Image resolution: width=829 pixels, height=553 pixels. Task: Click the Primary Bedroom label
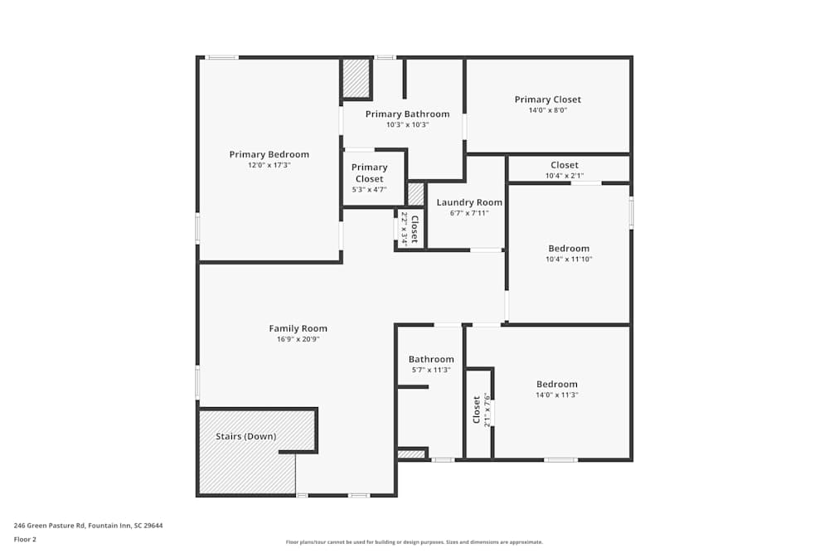point(269,154)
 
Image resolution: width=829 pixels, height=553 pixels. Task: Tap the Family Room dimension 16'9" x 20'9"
point(298,339)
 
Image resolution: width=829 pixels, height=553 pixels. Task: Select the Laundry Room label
point(469,202)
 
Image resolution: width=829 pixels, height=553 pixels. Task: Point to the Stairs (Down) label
point(246,436)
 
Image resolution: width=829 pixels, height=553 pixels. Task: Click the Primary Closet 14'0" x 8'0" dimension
point(547,110)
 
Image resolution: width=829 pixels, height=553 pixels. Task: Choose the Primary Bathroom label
point(407,114)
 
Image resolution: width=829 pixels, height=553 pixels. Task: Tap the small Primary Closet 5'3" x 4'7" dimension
point(369,190)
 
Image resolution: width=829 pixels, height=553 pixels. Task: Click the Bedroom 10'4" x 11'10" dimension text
point(569,260)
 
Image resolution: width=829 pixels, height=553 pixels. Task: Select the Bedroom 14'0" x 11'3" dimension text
point(556,395)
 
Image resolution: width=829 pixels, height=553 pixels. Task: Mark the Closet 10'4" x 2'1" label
point(564,165)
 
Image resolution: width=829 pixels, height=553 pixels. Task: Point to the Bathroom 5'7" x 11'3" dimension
point(430,370)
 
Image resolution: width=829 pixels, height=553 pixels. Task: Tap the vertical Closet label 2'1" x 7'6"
point(476,410)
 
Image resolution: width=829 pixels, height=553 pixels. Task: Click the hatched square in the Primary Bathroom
point(356,79)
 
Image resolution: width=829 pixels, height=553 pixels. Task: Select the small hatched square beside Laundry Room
point(415,194)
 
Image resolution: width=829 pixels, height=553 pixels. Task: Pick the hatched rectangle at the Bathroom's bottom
point(410,454)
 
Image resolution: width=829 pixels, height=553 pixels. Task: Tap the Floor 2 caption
point(25,539)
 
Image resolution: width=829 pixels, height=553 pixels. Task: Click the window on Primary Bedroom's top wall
point(222,57)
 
